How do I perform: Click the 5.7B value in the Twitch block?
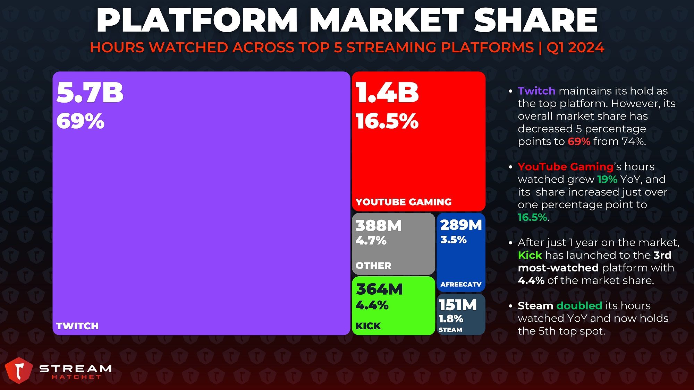tap(90, 93)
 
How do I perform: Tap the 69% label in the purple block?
tap(80, 121)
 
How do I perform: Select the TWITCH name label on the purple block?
tap(77, 326)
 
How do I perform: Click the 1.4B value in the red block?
tap(387, 93)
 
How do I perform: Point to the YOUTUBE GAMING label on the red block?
tap(404, 202)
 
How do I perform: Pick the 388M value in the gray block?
tap(379, 226)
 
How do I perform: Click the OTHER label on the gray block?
tap(373, 266)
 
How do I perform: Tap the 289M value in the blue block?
tap(461, 225)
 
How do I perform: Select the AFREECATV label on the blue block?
tap(461, 284)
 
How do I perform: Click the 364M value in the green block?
tap(379, 289)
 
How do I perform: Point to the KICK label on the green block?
tap(368, 326)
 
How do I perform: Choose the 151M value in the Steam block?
tap(458, 305)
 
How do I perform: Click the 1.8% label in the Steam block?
tap(451, 319)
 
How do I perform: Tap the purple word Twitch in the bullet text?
tap(536, 91)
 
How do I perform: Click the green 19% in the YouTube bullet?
tap(607, 179)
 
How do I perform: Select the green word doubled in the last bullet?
tap(579, 306)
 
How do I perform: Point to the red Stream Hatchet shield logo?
tap(19, 370)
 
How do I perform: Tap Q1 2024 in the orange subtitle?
tap(575, 47)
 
